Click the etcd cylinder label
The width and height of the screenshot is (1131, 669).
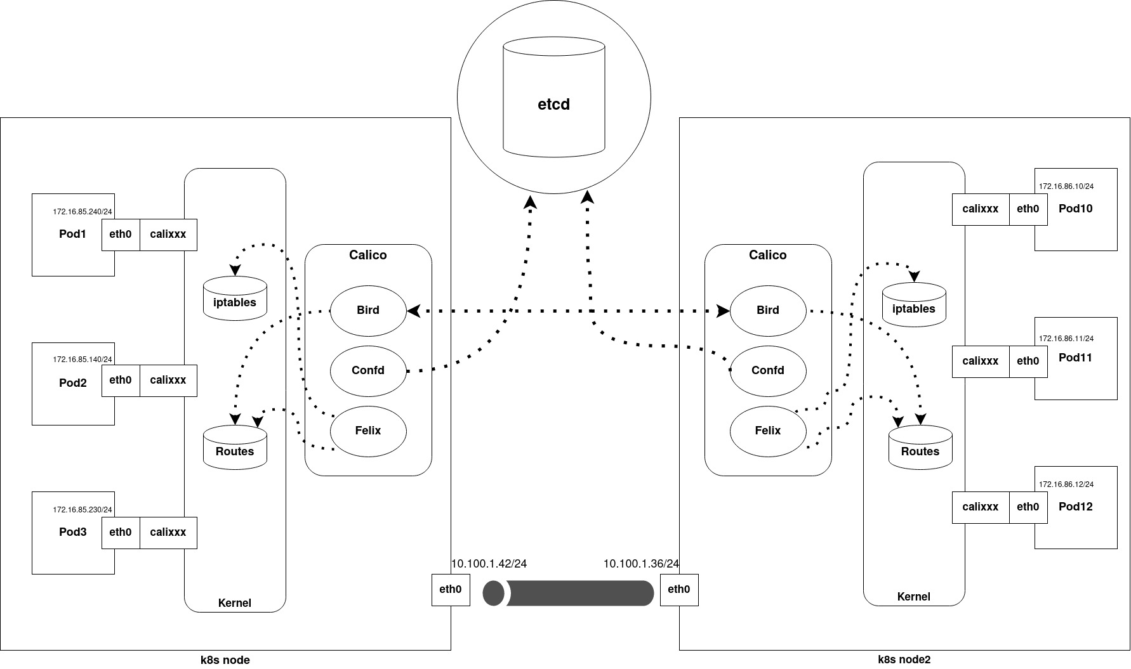coord(553,105)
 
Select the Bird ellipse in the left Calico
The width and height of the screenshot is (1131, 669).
coord(368,311)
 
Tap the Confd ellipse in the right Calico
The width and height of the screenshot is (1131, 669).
coord(768,371)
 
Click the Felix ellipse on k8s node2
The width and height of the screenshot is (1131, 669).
coord(768,431)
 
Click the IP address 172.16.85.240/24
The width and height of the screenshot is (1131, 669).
coord(83,212)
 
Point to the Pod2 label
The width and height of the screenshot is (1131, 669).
coord(73,383)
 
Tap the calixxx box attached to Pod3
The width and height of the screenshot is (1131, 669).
coord(168,533)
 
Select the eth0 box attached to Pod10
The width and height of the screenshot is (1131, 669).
coord(1028,209)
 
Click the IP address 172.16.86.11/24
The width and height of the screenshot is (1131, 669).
coord(1066,339)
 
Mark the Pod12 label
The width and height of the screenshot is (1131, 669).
coord(1076,507)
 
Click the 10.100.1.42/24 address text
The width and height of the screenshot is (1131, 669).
coord(489,564)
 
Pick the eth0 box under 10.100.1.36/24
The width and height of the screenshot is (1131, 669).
coord(679,590)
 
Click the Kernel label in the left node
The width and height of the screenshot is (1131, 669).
coord(235,603)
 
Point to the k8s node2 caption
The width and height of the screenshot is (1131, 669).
coord(904,659)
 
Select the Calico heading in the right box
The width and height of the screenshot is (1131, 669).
coord(768,255)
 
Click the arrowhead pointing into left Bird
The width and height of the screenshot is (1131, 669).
coord(414,311)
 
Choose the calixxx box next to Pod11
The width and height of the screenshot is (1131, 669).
coord(981,361)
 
